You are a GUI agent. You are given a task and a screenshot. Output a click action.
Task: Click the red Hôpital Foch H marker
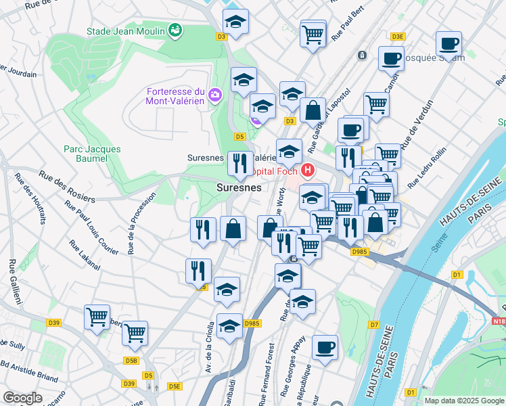308,171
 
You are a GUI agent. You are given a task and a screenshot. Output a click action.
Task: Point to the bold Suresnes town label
239,187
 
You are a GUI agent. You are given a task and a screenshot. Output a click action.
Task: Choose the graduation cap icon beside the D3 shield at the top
235,22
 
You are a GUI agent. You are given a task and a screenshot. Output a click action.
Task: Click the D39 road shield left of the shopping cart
54,323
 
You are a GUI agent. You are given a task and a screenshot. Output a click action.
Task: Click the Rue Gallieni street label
14,285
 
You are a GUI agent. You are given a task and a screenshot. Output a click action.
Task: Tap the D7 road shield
373,325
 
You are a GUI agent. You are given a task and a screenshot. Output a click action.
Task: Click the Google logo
23,397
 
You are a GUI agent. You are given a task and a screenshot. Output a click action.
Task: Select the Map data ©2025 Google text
464,401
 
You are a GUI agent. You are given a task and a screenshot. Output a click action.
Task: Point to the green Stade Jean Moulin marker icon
175,30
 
